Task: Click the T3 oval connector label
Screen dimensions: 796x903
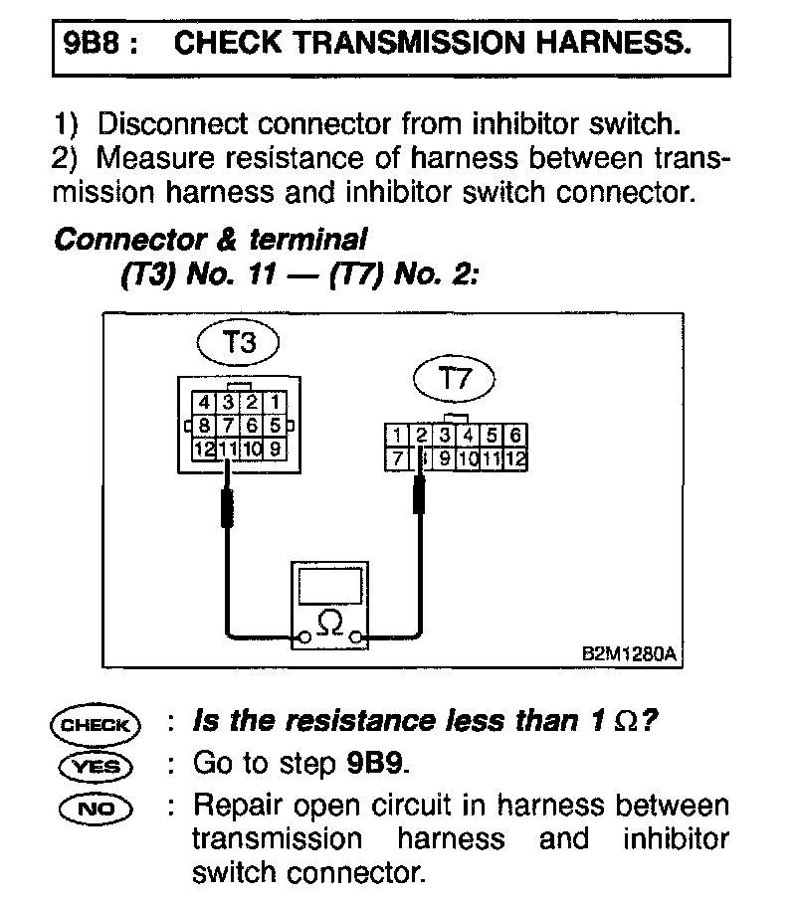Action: pyautogui.click(x=238, y=344)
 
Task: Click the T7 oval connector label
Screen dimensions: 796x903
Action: pyautogui.click(x=454, y=378)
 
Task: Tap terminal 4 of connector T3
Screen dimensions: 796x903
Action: pyautogui.click(x=203, y=403)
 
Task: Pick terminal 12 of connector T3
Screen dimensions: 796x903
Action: pyautogui.click(x=204, y=448)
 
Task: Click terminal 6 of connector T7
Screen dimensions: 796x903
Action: pyautogui.click(x=514, y=435)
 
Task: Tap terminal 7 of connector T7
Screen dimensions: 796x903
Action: pyautogui.click(x=397, y=458)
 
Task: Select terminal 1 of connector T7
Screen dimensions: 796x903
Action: pyautogui.click(x=397, y=435)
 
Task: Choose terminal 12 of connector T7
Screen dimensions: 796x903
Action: pyautogui.click(x=514, y=458)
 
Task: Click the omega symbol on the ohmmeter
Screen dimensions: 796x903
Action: pyautogui.click(x=330, y=624)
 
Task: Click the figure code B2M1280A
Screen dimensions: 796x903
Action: pyautogui.click(x=629, y=654)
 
